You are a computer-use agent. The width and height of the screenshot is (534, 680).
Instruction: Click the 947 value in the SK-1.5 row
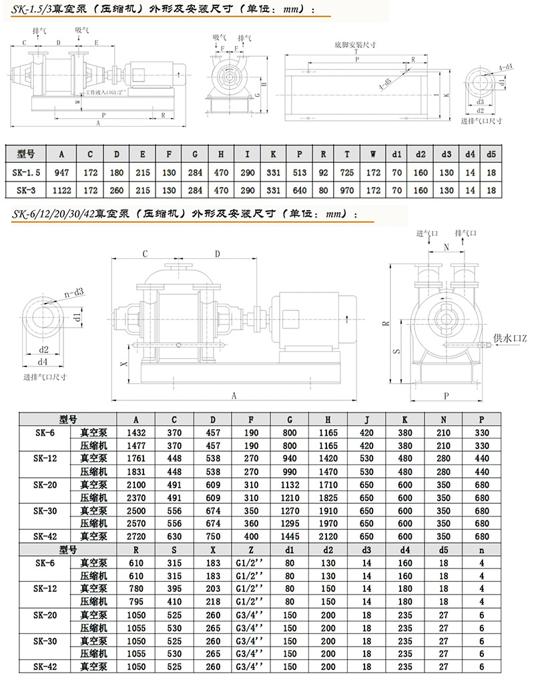coord(61,172)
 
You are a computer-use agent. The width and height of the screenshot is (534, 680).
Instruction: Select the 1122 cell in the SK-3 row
coord(61,190)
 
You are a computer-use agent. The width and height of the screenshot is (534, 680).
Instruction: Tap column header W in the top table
coord(373,155)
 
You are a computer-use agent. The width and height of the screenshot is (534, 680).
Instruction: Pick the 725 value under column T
coord(347,172)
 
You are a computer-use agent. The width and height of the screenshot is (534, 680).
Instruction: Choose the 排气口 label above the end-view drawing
coord(465,234)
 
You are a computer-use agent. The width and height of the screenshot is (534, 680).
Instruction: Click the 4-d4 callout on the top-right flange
coord(505,67)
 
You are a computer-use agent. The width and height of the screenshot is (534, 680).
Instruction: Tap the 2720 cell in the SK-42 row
coord(136,536)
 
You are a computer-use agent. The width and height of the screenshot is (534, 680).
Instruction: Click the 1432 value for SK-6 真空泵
coord(136,432)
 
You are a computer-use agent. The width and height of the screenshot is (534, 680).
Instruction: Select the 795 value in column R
coord(136,601)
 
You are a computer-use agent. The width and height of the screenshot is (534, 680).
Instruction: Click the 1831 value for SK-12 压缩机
coord(136,471)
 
